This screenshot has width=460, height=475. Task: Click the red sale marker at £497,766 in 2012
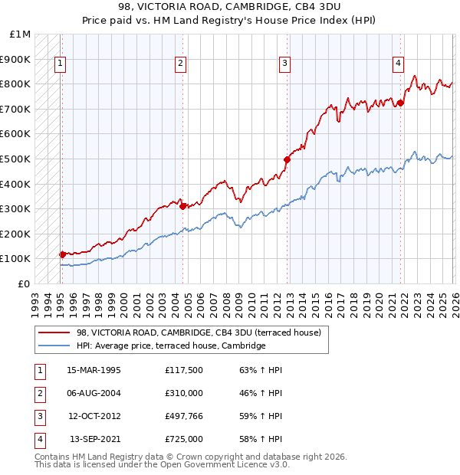[x=287, y=160]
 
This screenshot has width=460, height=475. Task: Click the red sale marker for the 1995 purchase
[x=62, y=254]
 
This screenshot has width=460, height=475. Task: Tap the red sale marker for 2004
[x=182, y=206]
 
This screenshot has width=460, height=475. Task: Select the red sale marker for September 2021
[x=400, y=103]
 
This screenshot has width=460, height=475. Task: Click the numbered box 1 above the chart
[x=60, y=64]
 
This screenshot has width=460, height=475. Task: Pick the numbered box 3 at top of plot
[x=284, y=64]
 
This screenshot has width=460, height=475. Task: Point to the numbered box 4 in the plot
[x=399, y=64]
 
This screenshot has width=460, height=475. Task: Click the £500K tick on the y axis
[x=18, y=159]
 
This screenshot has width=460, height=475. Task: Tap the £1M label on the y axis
[x=21, y=34]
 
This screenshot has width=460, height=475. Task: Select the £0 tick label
[x=25, y=283]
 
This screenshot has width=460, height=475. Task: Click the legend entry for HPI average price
[x=171, y=346]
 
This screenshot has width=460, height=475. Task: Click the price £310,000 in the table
[x=183, y=394]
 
